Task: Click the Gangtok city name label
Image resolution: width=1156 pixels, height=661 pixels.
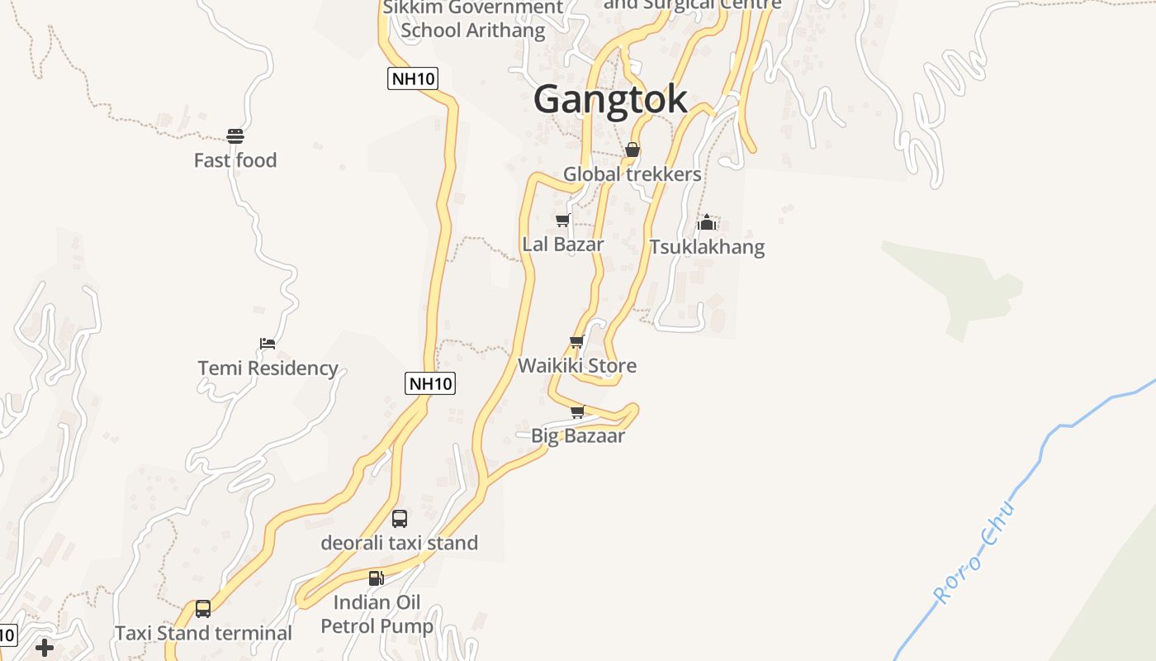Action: coord(610,99)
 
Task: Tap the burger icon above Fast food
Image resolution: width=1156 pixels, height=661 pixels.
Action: coord(235,136)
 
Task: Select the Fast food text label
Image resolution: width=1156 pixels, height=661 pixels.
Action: coord(235,160)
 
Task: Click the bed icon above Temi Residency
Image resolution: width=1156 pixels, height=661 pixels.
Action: coord(268,344)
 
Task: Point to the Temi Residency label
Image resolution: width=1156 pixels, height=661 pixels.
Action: coord(268,368)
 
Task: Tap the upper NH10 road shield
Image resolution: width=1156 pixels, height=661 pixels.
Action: coord(413,78)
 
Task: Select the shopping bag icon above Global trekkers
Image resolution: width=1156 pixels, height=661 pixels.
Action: coord(632,150)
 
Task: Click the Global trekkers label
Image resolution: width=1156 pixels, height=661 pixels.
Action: coord(632,174)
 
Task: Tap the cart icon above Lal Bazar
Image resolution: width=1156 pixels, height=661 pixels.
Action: coord(563,221)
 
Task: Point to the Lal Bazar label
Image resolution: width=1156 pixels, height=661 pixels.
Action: coord(563,245)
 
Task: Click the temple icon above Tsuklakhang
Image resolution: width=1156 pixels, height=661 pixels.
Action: coord(707,222)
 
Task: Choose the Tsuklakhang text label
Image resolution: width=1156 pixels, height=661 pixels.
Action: coord(707,247)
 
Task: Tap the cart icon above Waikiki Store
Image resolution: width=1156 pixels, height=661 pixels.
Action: coord(577,342)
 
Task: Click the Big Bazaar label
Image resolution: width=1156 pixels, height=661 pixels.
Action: coord(577,435)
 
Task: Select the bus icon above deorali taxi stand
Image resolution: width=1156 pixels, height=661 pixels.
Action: coord(400,519)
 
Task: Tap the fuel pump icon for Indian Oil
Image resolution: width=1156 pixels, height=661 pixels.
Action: coord(377,578)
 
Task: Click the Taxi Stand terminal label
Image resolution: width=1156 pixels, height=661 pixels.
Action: coord(203,633)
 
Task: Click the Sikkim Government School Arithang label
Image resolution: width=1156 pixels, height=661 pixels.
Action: coord(473,20)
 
